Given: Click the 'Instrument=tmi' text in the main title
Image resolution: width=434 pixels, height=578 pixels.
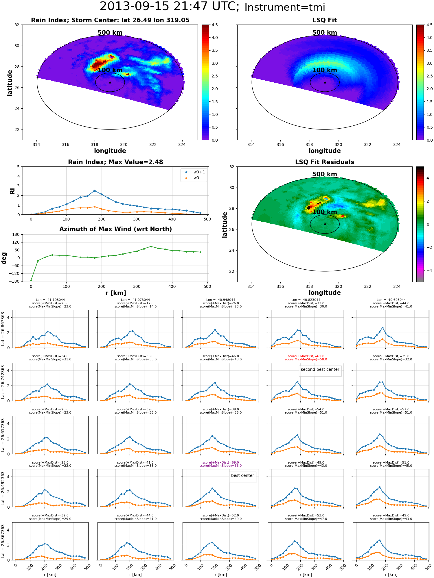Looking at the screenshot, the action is [285, 7].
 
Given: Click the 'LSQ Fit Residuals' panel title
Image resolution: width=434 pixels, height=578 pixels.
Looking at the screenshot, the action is [325, 162].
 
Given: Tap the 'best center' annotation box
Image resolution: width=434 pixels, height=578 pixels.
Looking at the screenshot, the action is [242, 475].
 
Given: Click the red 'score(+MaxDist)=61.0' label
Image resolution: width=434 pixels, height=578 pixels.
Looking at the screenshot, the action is [306, 356].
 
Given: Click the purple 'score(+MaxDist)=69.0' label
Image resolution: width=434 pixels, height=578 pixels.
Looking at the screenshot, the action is [221, 462].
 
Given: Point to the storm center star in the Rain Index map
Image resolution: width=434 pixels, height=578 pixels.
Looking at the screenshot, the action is [110, 82].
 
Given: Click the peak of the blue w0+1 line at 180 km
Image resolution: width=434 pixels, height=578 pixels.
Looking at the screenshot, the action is [95, 191].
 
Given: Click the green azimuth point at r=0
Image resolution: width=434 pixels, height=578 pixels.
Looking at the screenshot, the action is [31, 280].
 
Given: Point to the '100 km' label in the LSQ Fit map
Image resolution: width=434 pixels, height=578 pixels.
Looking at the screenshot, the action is [325, 70].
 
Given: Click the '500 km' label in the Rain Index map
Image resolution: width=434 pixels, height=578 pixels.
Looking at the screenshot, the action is [110, 33].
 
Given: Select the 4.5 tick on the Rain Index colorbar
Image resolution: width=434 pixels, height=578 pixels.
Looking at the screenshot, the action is [215, 25].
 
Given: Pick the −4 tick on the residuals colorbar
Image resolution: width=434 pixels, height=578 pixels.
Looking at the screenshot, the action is [428, 271].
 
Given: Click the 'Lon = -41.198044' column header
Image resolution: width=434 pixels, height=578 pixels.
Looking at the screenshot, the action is [50, 300].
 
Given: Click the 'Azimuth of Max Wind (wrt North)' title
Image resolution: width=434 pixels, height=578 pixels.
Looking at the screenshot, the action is [115, 229].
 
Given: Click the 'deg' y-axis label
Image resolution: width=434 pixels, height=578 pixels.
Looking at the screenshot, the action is [4, 258].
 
